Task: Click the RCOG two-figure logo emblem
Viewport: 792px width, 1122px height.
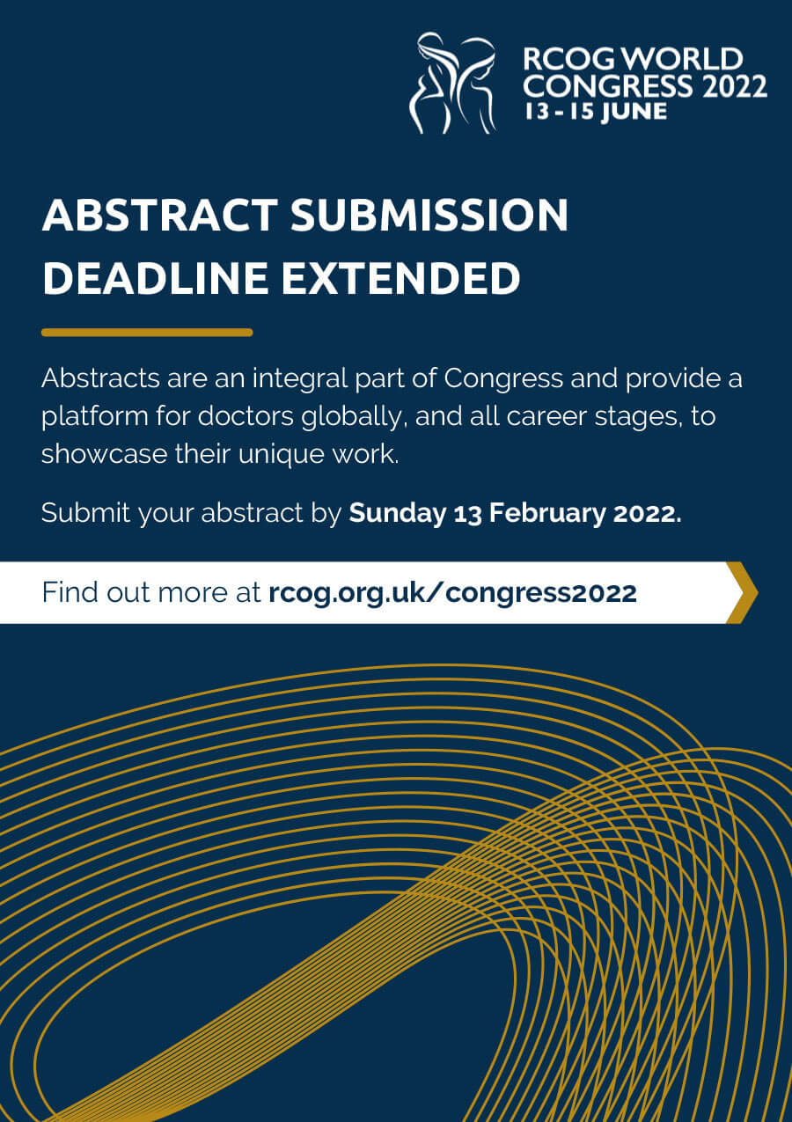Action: click(x=452, y=83)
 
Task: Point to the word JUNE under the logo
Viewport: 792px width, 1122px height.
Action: click(x=634, y=111)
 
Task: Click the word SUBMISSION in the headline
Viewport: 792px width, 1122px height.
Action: click(x=429, y=215)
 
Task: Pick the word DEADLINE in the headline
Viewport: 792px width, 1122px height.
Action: click(x=156, y=278)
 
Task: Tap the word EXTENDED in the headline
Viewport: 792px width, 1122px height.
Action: click(x=401, y=278)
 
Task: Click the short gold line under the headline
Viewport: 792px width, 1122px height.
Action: click(x=147, y=332)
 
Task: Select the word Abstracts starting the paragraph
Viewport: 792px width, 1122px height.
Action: click(x=100, y=378)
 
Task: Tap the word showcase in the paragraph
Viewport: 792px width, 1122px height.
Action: click(x=104, y=454)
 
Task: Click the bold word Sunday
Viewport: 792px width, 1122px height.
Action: click(x=397, y=513)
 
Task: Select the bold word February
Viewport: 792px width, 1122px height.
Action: click(x=547, y=513)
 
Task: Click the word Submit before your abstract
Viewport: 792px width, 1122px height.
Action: click(x=85, y=512)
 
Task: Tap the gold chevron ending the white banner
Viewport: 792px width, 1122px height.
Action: click(x=742, y=592)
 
